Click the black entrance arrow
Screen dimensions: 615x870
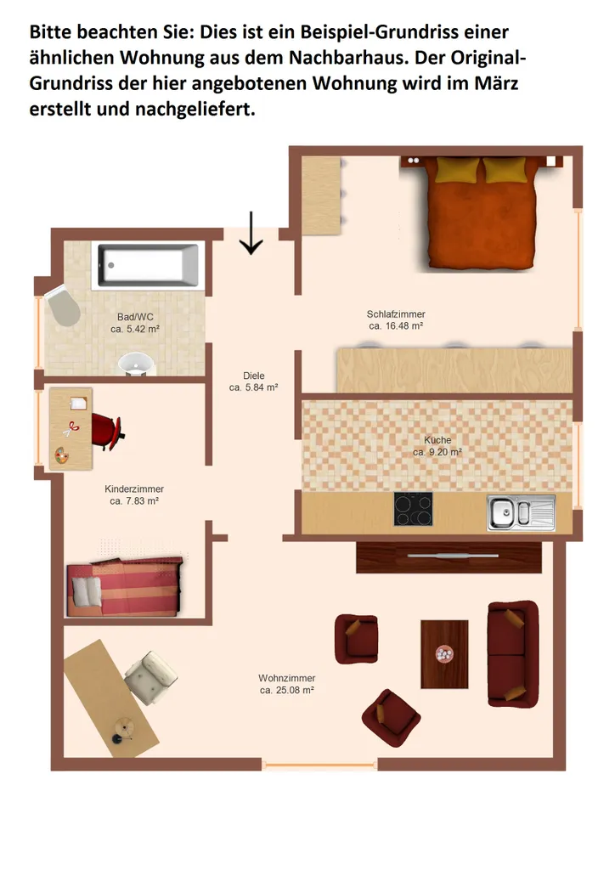coord(251,233)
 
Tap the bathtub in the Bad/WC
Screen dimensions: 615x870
coord(148,265)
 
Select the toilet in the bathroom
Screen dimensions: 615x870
coord(63,306)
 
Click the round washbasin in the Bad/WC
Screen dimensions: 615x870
coord(135,364)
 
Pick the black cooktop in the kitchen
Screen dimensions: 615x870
coord(413,509)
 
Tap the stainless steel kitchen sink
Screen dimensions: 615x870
coord(521,513)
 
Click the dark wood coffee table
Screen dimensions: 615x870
coord(444,654)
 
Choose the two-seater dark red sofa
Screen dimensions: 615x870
coord(513,653)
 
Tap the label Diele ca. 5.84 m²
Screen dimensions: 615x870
coord(253,381)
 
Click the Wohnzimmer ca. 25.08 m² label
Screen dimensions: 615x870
coord(287,684)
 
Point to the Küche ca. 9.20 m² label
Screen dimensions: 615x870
coord(437,446)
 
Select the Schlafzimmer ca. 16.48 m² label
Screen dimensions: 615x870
coord(396,320)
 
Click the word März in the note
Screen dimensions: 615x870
coord(496,83)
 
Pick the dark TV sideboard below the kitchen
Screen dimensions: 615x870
coord(449,557)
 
